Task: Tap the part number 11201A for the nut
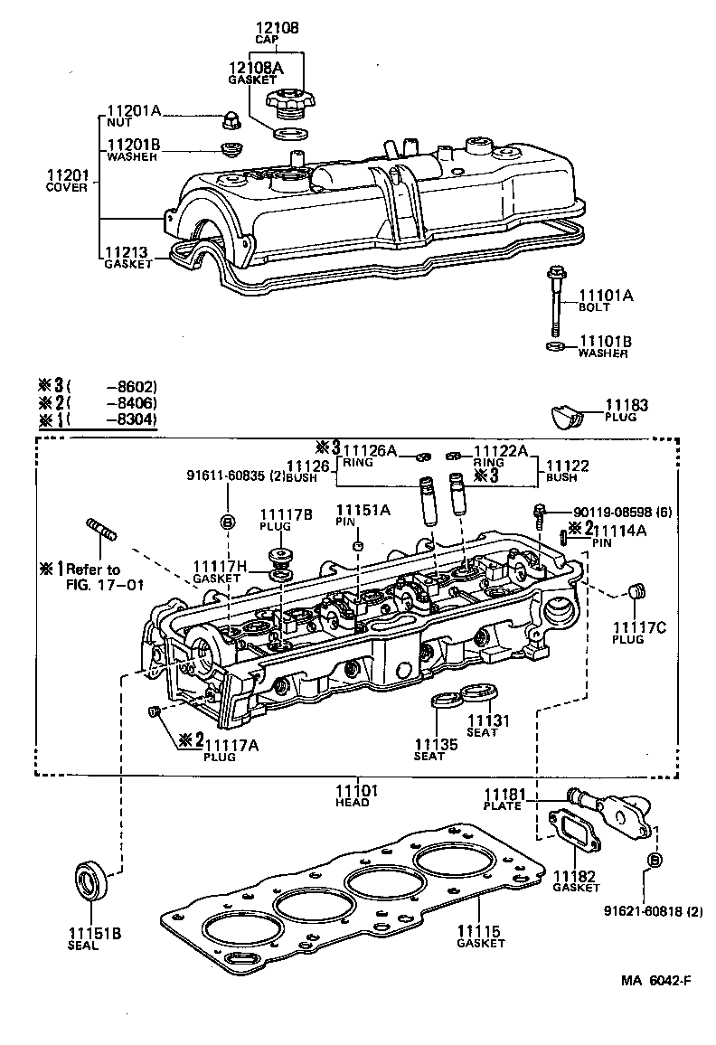[x=135, y=111]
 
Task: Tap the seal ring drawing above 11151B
[x=89, y=880]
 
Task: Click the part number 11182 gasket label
[x=576, y=877]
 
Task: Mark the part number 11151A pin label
[x=363, y=511]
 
